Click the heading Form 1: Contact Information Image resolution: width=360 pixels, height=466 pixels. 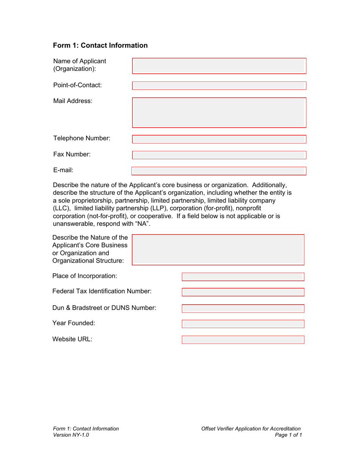pos(100,45)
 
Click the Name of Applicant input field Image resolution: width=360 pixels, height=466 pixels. pos(219,66)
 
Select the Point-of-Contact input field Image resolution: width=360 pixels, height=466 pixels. pos(219,85)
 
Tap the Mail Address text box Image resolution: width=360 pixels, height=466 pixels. pos(219,113)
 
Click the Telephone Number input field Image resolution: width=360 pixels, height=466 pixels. pos(219,139)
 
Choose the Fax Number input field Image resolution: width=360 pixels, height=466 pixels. pos(219,155)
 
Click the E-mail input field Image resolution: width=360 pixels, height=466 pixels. pos(219,171)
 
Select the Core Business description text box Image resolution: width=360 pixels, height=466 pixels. pos(218,249)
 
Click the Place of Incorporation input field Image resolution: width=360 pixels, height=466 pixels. pos(243,276)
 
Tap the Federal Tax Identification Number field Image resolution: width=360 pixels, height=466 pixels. pos(243,292)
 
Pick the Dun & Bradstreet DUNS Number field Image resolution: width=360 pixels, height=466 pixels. pos(243,308)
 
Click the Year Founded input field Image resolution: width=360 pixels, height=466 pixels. pos(243,324)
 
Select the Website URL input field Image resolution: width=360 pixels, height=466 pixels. pos(243,339)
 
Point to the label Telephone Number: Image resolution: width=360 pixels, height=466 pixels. pos(82,139)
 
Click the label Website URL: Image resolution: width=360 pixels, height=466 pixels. pos(72,339)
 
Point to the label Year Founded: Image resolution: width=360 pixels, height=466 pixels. pos(74,323)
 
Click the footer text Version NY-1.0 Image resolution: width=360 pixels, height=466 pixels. pos(71,435)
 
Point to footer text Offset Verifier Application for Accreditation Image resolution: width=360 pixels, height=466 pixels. pos(252,428)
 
